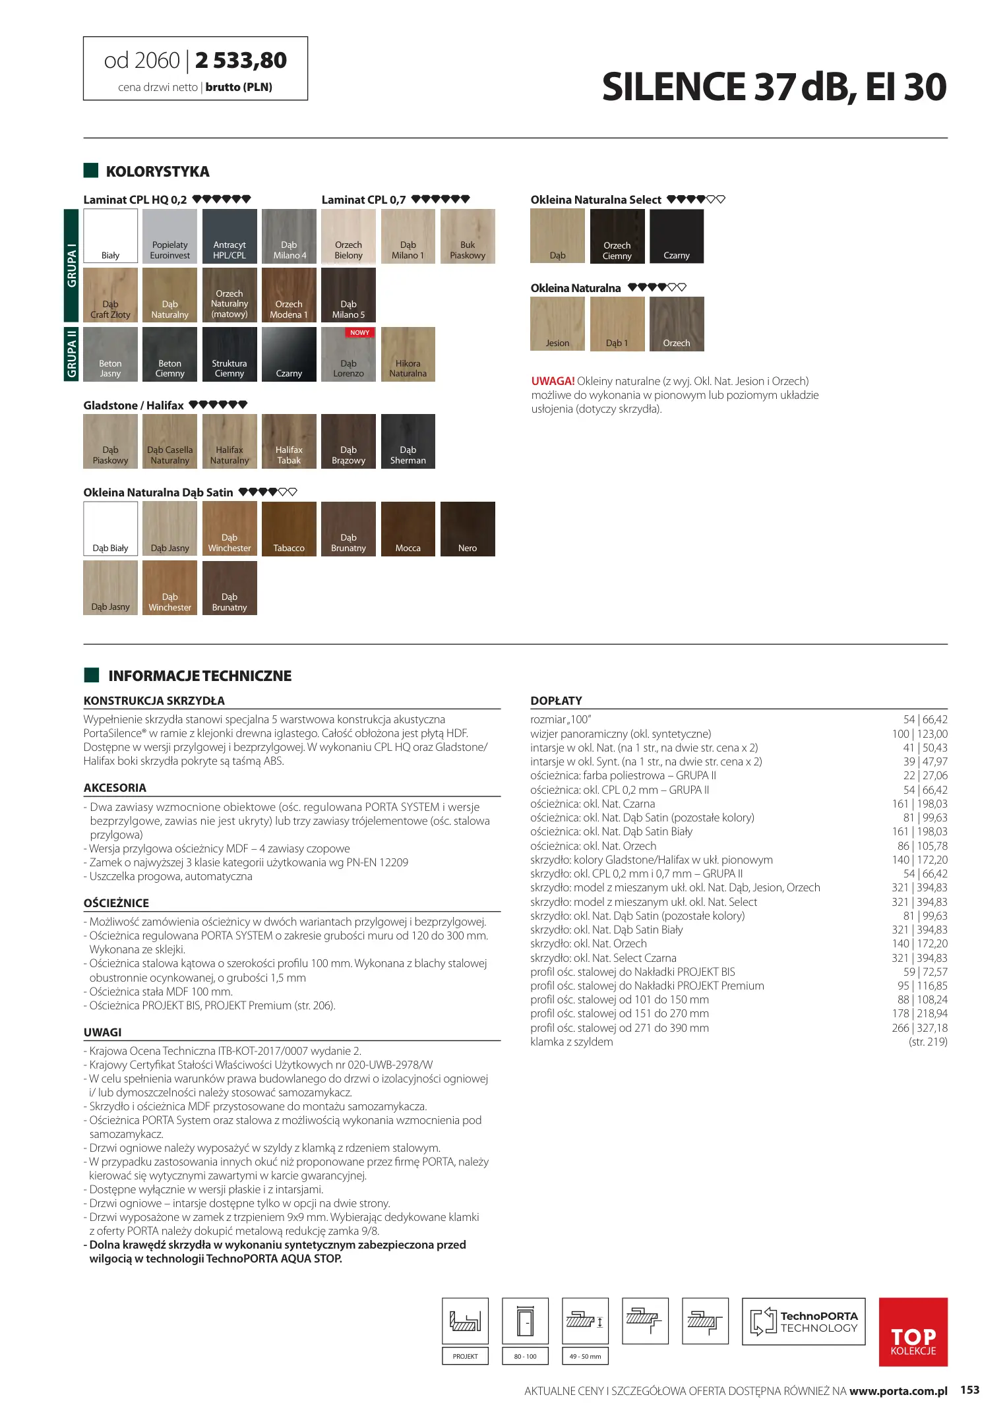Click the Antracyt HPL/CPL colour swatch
229,236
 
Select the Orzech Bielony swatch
348,236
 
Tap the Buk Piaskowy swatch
468,236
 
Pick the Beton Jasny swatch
110,354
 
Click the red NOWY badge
359,333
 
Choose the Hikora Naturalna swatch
408,354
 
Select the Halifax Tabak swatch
289,441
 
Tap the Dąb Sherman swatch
408,441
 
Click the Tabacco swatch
289,529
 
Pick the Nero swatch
468,529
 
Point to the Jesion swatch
557,324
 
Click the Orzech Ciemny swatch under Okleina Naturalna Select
617,236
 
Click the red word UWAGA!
553,381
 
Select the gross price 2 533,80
241,61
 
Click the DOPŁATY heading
556,700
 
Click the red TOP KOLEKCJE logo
913,1332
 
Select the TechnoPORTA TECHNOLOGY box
803,1321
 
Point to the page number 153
969,1390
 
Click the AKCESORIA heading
115,788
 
